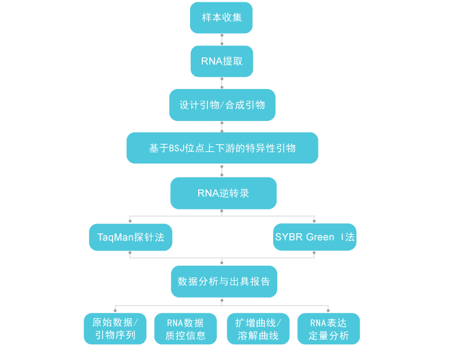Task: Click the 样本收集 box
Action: [221, 17]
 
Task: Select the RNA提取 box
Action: [221, 61]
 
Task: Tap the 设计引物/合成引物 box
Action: [222, 105]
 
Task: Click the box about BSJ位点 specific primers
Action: [222, 148]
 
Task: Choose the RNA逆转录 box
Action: [223, 193]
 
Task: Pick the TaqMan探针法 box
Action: [130, 237]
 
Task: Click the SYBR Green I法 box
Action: [314, 237]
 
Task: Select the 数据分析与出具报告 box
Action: [224, 281]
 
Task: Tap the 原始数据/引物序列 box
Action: [115, 329]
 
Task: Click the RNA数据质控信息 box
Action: [185, 329]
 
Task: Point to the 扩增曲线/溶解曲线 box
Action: [257, 329]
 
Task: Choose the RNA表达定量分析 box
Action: [328, 329]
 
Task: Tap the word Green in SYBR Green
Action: [320, 237]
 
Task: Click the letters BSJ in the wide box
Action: [176, 148]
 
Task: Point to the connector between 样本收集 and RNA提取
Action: [221, 40]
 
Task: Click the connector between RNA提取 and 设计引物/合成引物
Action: [221, 83]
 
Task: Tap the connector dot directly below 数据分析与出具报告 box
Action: [222, 300]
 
